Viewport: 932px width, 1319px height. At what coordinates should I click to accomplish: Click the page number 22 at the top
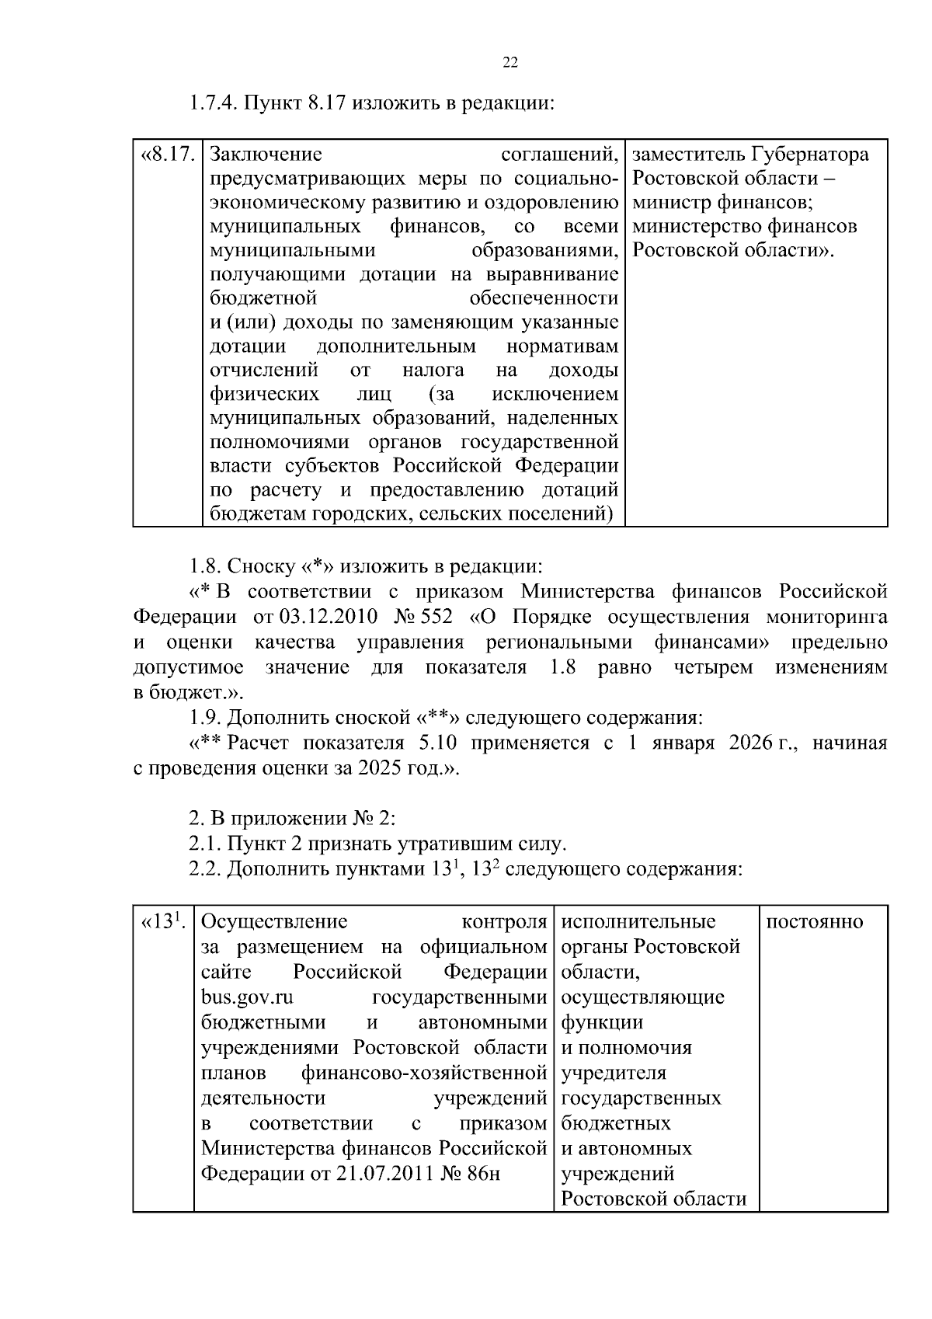[x=510, y=63]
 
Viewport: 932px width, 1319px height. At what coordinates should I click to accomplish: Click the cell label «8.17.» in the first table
[x=167, y=154]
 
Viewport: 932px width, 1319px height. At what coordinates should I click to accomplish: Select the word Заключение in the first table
[x=266, y=154]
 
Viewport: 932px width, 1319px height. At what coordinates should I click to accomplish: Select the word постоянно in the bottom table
[x=814, y=922]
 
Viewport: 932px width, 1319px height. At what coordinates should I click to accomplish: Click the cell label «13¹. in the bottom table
[x=162, y=922]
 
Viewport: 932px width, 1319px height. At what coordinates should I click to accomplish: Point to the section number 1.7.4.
[x=214, y=103]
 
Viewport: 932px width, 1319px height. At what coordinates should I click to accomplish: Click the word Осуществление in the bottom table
[x=273, y=922]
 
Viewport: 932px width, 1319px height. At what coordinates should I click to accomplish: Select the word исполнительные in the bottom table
[x=638, y=922]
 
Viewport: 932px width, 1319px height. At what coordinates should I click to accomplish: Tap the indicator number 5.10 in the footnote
[x=437, y=743]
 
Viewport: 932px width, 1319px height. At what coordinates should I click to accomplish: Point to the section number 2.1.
[x=204, y=843]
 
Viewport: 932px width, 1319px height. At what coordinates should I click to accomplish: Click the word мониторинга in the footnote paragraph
[x=826, y=617]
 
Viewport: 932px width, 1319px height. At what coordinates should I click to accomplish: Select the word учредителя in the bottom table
[x=613, y=1073]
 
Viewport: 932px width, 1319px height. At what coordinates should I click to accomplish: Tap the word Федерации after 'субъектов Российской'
[x=564, y=466]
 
